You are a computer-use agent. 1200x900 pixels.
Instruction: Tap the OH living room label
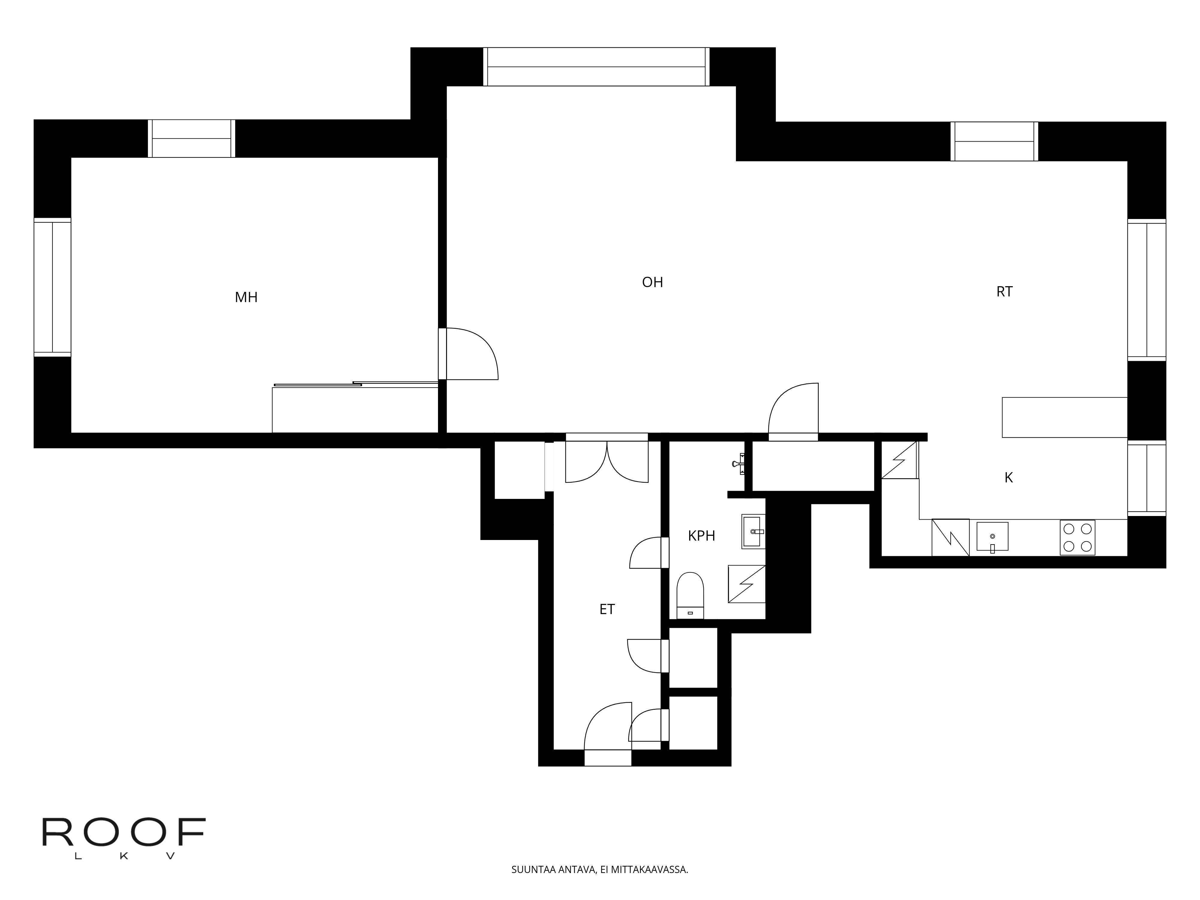(x=652, y=282)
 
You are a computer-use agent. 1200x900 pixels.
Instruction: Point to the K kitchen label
(x=1009, y=477)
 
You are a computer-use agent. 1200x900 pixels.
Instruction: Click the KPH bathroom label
(x=701, y=536)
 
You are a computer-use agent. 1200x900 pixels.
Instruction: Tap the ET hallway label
(x=607, y=609)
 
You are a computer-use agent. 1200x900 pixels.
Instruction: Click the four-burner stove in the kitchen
(x=1077, y=538)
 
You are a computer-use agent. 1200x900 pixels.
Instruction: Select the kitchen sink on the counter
(x=992, y=537)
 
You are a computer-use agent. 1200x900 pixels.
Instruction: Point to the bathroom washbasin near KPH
(x=754, y=532)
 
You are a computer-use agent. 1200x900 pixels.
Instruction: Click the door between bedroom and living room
(x=469, y=354)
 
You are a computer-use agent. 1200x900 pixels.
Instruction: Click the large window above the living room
(x=596, y=67)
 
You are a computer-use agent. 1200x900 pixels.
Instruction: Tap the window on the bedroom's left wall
(x=52, y=287)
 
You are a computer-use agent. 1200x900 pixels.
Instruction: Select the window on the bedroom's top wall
(x=191, y=139)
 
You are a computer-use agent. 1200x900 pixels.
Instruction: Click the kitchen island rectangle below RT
(x=1064, y=417)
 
